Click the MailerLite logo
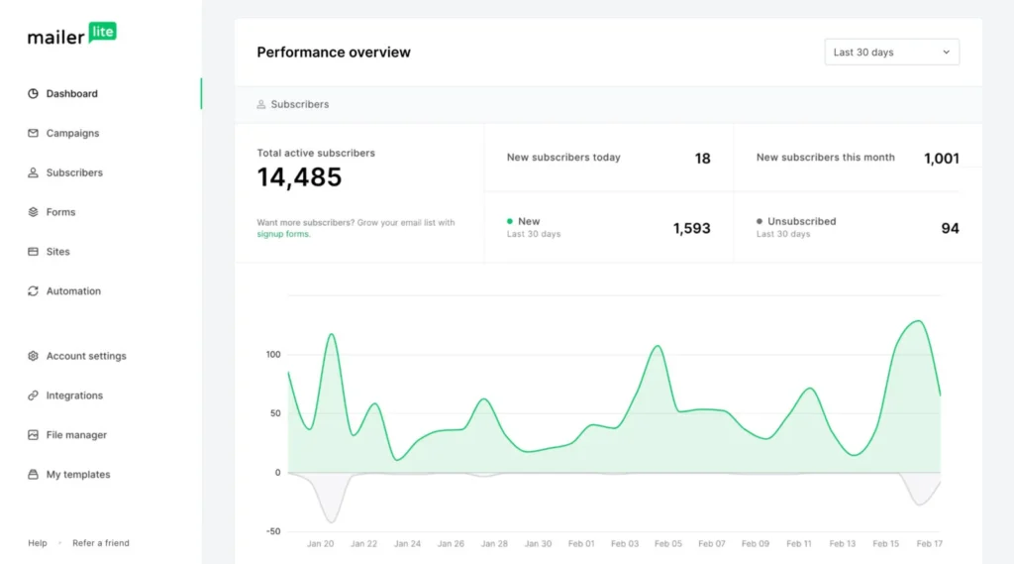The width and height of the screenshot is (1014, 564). pos(71,35)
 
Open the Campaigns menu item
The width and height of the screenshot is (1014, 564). pos(72,133)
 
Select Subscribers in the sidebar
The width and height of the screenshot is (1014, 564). pos(73,172)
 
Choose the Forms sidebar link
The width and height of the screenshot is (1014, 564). pos(60,212)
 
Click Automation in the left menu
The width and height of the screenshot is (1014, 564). pos(73,291)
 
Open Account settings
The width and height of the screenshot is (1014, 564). pos(85,356)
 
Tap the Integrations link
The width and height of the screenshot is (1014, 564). pos(74,395)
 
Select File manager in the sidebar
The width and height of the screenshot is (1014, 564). pos(76,435)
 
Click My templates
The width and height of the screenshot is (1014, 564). pos(78,475)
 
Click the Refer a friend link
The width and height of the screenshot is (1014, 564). pos(101,543)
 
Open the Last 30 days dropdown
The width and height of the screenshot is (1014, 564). pos(891,53)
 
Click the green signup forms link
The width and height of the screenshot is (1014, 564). pos(283,235)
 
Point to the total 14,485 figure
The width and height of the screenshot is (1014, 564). pos(299,177)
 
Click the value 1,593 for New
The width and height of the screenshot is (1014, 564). pos(691,228)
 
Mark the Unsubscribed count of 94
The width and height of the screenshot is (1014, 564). pos(950,228)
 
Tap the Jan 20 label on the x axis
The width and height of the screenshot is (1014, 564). pos(320,543)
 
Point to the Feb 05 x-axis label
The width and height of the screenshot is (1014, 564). pos(668,543)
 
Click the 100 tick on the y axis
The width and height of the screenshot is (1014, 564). pos(273,355)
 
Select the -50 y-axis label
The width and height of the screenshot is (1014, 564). pos(272,531)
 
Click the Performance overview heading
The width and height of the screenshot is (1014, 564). pos(334,53)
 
